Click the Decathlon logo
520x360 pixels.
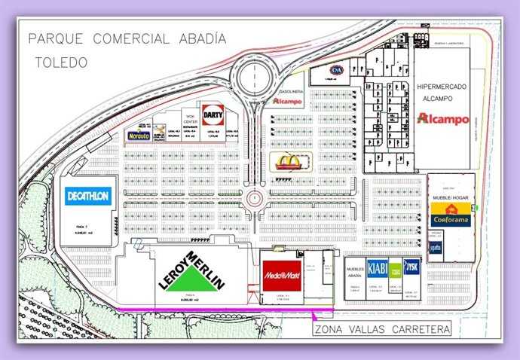87,195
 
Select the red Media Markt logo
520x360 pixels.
282,276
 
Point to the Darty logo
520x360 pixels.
213,112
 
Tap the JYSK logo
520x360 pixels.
411,267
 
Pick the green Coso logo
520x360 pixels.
396,274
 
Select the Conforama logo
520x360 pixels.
451,216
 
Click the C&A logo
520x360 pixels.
333,72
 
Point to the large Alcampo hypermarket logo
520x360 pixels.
444,119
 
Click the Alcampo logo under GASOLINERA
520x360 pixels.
287,101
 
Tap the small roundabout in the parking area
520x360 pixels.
255,198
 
